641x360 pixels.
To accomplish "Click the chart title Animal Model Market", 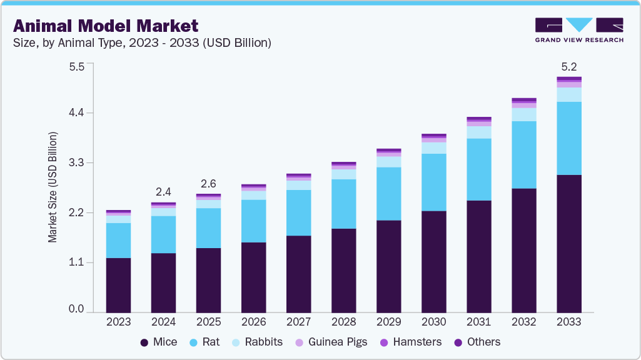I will tap(106, 26).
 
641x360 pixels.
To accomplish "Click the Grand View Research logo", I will tap(578, 29).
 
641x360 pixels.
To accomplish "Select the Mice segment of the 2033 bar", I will tap(568, 243).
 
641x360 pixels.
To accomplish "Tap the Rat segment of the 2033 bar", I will tap(568, 138).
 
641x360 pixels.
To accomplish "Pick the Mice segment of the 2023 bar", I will tap(118, 285).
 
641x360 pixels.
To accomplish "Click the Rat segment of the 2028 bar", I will tap(343, 204).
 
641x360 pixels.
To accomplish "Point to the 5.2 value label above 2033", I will tap(568, 66).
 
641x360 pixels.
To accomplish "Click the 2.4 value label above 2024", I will tap(163, 191).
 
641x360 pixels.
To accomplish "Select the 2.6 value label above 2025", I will tap(208, 183).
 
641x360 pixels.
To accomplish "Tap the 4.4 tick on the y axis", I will tap(76, 113).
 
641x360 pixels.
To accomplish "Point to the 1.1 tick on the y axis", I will tap(76, 262).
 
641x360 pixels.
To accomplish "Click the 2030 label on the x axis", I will tap(433, 322).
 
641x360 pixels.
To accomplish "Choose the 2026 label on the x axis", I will tap(253, 322).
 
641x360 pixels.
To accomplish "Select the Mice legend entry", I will tap(158, 342).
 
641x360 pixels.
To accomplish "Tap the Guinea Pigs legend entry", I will tap(331, 342).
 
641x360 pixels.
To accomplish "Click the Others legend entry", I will tap(477, 342).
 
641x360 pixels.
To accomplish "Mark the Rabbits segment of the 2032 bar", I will tap(523, 114).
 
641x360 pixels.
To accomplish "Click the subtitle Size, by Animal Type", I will tap(142, 43).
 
